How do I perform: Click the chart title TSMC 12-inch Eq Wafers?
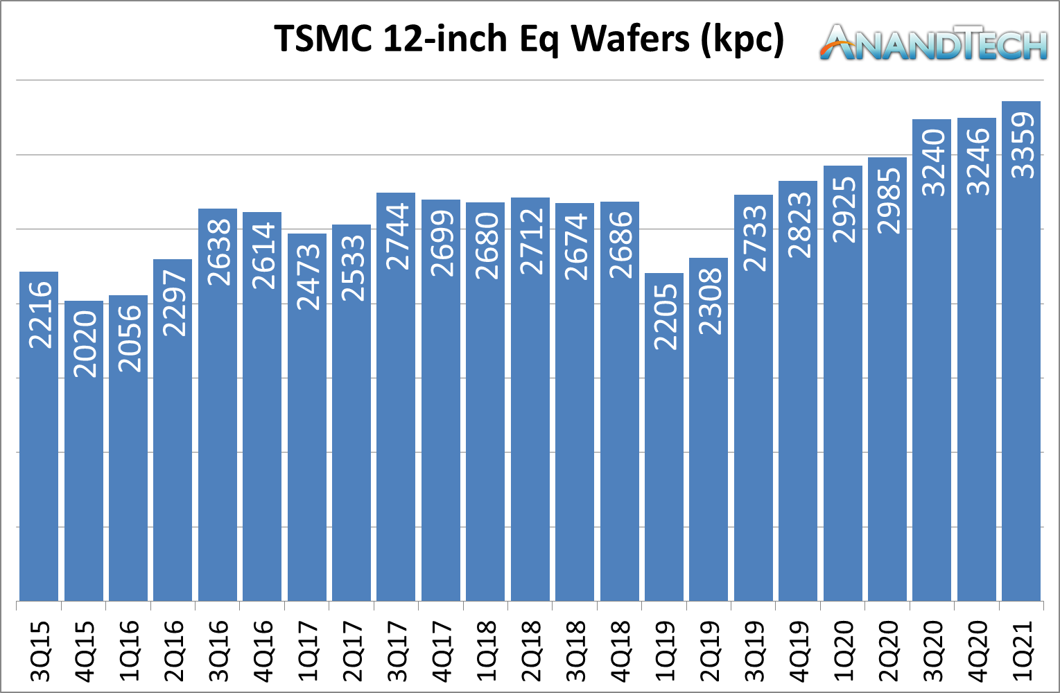(529, 38)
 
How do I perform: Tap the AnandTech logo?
(933, 43)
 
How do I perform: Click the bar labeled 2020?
(84, 450)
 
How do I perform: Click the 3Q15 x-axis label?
(40, 651)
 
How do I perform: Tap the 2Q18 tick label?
(530, 651)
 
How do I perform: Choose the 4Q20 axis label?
(977, 651)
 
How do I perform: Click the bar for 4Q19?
(798, 416)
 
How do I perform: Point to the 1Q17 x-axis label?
(307, 651)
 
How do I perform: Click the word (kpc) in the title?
(742, 38)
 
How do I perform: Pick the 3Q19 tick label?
(754, 651)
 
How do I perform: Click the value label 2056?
(129, 338)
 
